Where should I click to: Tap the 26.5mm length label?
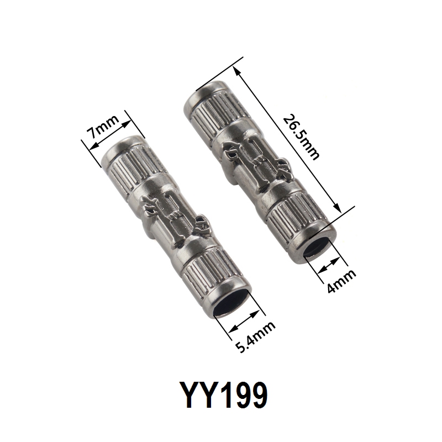pyautogui.click(x=301, y=136)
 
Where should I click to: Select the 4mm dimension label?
pyautogui.click(x=341, y=281)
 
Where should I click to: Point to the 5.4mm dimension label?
pyautogui.click(x=255, y=337)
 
